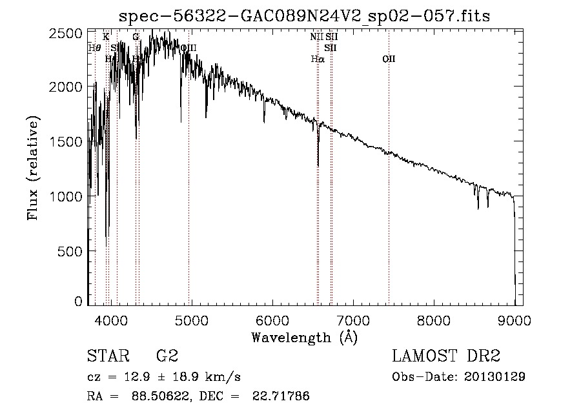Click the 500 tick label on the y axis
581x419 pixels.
point(72,250)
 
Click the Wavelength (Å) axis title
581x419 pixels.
point(304,337)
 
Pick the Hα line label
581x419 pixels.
point(317,59)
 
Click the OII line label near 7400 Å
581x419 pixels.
point(389,59)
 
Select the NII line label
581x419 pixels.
point(316,37)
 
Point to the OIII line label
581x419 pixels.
point(189,48)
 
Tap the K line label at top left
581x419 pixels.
point(106,37)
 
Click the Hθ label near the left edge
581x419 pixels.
point(94,48)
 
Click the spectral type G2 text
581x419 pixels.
point(167,357)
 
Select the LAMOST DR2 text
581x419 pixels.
point(446,357)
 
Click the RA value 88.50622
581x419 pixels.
point(163,396)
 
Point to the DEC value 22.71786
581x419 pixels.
point(284,396)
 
